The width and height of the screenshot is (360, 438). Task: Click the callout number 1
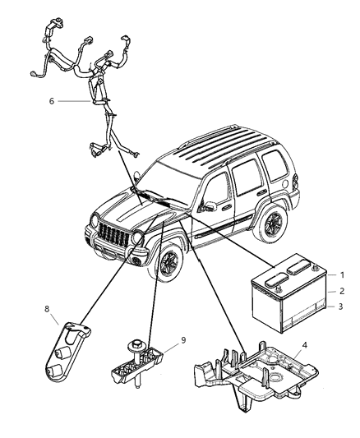[343, 297]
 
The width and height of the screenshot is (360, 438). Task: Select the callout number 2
[343, 313]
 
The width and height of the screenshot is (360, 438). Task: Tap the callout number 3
[343, 330]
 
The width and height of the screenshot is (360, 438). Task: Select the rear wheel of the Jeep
[271, 224]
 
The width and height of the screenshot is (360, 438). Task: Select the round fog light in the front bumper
[132, 261]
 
